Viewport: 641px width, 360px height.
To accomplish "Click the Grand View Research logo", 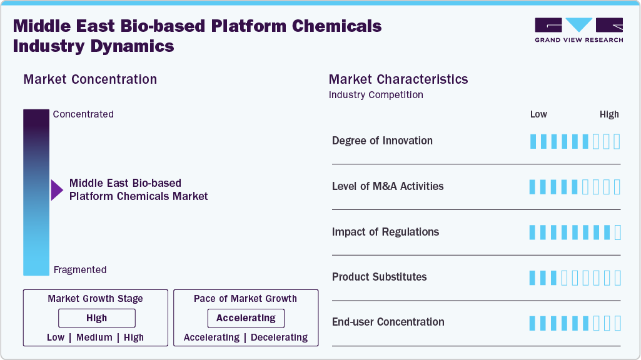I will [578, 29].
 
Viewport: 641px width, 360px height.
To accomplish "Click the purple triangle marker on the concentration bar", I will [57, 190].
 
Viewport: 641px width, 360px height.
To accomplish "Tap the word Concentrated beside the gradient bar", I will [83, 114].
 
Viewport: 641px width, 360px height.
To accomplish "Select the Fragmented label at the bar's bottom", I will [80, 270].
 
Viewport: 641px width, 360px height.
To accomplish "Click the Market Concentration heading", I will [90, 79].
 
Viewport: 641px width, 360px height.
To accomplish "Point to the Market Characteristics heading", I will [398, 79].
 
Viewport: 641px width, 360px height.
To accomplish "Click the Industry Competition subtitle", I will [376, 95].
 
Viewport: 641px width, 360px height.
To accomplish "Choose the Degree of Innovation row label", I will [382, 141].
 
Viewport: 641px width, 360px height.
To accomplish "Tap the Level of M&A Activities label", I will [388, 186].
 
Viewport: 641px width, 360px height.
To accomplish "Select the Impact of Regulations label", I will [385, 232].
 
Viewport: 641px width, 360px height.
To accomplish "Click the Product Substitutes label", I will [379, 277].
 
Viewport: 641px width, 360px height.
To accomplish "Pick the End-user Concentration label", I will [388, 322].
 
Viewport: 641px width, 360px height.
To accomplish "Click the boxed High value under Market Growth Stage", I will [96, 318].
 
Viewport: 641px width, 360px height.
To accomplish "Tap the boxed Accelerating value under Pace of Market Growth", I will [246, 318].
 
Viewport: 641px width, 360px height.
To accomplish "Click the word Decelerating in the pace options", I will [279, 337].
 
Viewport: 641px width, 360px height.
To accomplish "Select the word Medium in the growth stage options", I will [94, 337].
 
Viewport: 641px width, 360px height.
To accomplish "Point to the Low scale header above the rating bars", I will [538, 114].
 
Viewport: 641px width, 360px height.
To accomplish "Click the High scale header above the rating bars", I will [609, 114].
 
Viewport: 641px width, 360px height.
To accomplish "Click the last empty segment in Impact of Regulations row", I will [618, 232].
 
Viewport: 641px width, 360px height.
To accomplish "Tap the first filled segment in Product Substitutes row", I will [533, 278].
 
